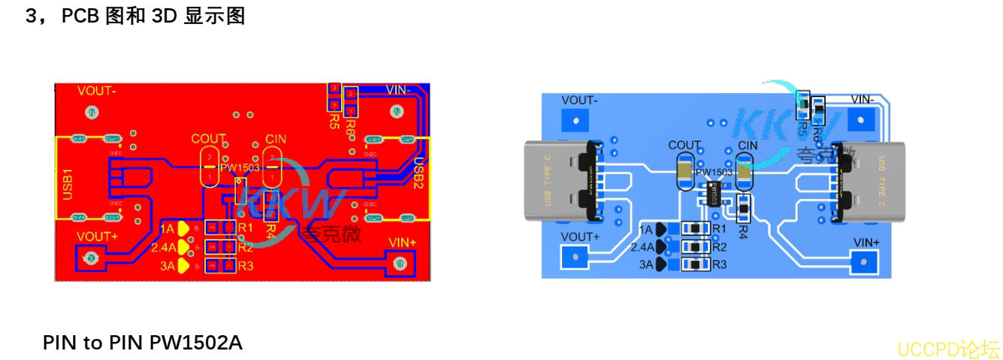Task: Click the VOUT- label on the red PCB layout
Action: (97, 91)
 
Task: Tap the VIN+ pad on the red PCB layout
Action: (400, 263)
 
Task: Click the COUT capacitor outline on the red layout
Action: (210, 167)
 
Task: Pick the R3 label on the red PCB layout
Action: (245, 266)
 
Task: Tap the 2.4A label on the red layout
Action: (163, 247)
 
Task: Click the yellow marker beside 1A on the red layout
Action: (183, 228)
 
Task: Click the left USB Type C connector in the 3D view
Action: (561, 181)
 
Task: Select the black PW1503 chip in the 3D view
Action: (713, 193)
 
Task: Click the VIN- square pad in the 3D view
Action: (862, 119)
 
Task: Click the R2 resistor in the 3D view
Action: (696, 247)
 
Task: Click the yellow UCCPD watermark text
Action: (949, 349)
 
